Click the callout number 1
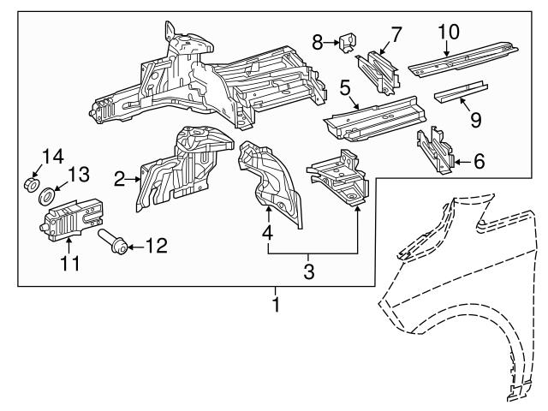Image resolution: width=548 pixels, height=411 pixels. click(276, 304)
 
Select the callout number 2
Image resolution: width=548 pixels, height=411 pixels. click(121, 178)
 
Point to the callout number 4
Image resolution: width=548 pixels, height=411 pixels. click(268, 232)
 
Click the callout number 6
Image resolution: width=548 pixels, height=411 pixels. click(478, 159)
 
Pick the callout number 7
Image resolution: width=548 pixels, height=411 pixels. click(396, 34)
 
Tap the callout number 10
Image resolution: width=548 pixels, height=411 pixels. click(448, 32)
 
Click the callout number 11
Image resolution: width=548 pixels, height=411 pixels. click(70, 263)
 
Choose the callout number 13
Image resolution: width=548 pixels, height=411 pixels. click(79, 175)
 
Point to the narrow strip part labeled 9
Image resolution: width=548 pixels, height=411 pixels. click(457, 93)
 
